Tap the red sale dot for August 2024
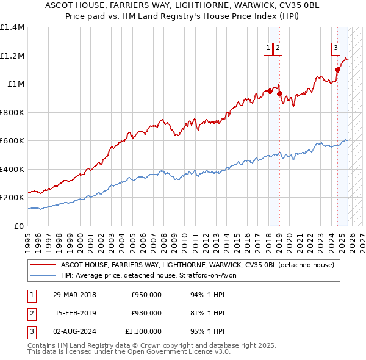pyautogui.click(x=337, y=70)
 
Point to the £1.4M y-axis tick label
pyautogui.click(x=13, y=27)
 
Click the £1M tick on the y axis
pyautogui.click(x=16, y=84)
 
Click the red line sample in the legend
pyautogui.click(x=43, y=265)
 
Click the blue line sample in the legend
pyautogui.click(x=43, y=275)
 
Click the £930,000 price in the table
pyautogui.click(x=146, y=313)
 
